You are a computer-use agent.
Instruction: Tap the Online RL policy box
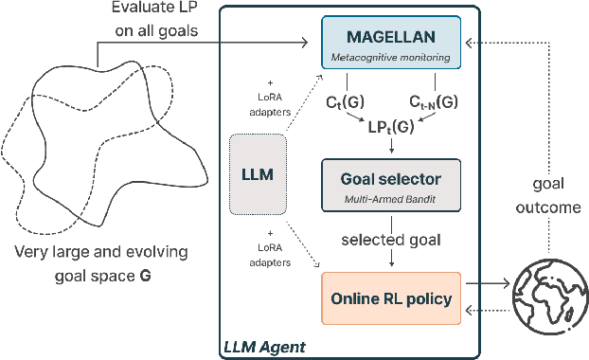pyautogui.click(x=390, y=297)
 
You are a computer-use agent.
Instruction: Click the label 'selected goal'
pyautogui.click(x=390, y=241)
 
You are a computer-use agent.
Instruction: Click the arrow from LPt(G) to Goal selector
pyautogui.click(x=390, y=147)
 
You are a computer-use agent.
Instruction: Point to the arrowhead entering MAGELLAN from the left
pyautogui.click(x=307, y=41)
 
